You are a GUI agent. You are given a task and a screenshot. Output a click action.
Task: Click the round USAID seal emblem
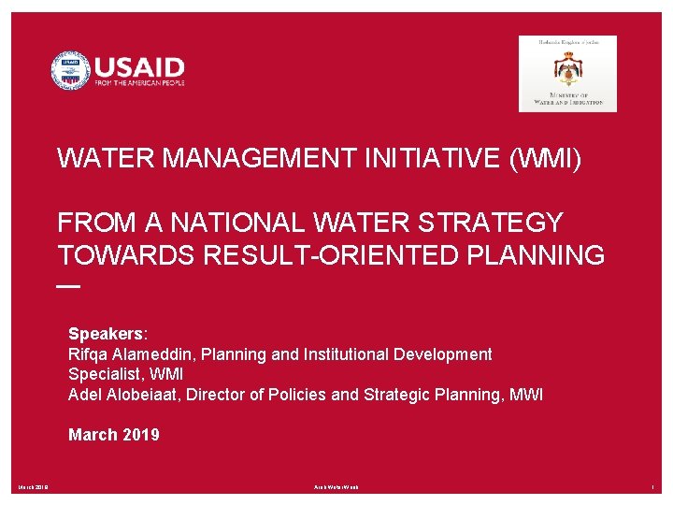point(70,71)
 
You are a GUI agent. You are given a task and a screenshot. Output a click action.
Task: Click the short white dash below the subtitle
point(69,285)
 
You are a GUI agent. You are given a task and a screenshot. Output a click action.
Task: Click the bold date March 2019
point(114,435)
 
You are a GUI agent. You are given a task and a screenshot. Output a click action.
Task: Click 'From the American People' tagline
point(139,83)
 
